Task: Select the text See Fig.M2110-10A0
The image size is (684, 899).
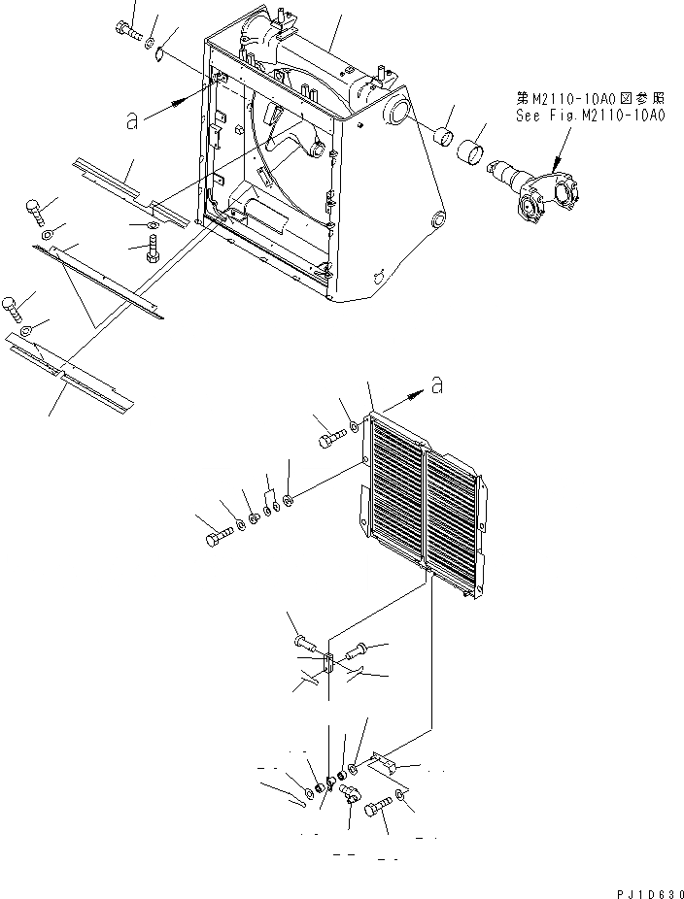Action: point(592,115)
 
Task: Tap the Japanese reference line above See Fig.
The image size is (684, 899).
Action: point(590,98)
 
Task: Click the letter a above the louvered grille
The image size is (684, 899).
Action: point(437,385)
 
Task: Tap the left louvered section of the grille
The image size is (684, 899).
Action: point(396,490)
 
